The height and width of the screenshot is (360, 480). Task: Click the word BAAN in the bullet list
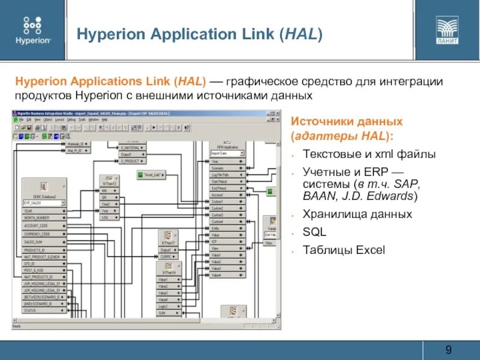coord(317,196)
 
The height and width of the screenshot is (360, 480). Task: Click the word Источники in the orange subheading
coord(319,121)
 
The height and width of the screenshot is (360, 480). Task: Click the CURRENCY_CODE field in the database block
coord(39,233)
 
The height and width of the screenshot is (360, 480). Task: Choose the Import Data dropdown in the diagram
coord(224,154)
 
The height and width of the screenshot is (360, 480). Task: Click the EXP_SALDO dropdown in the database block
coord(43,203)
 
